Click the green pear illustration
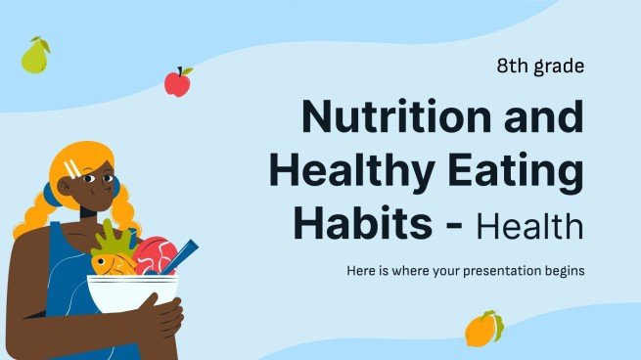point(35,57)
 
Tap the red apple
point(177,82)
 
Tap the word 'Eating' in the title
point(524,170)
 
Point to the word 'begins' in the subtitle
point(562,269)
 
